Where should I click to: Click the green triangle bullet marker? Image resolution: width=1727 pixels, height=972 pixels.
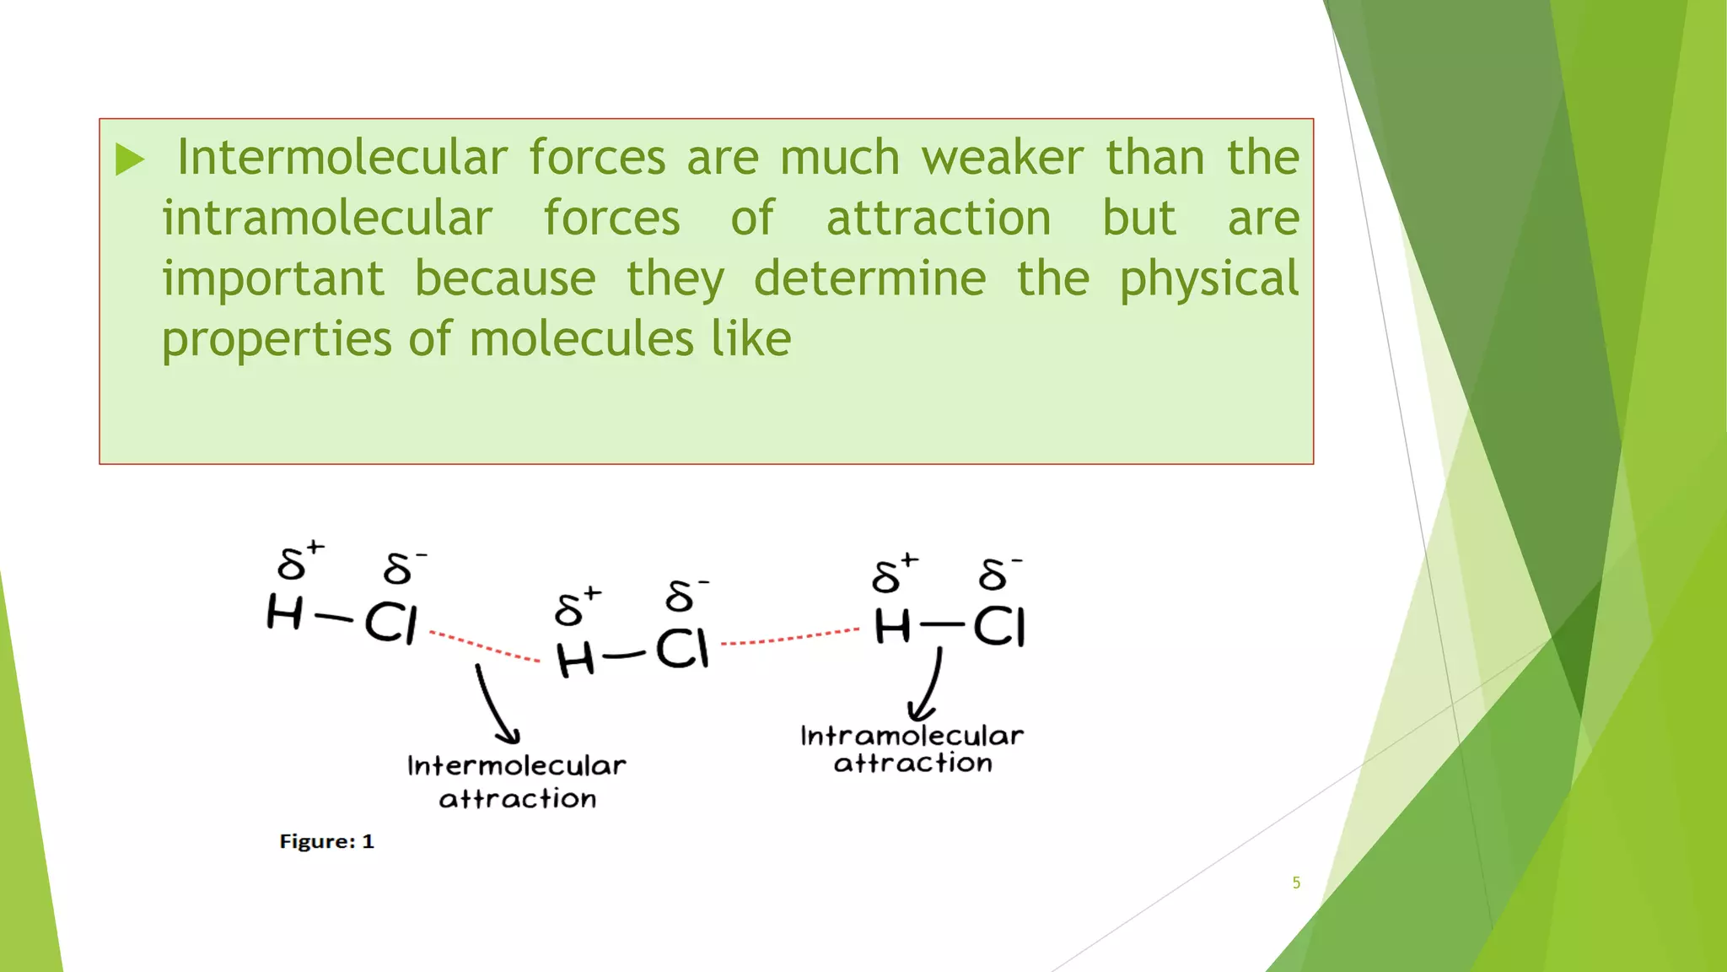coord(130,159)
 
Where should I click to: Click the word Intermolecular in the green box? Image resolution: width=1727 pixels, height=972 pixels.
coord(342,158)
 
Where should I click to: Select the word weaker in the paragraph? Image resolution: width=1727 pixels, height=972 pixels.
coord(1002,158)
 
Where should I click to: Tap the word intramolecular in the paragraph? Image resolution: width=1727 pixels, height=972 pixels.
coord(327,219)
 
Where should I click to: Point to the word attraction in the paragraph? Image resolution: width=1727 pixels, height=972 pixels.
coord(939,219)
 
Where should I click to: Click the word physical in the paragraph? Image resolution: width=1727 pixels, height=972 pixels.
coord(1209,279)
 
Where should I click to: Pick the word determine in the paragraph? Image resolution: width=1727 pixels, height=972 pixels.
coord(869,279)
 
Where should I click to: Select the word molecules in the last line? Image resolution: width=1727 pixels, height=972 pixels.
coord(582,339)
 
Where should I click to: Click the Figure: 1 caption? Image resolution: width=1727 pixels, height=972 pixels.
coord(326,841)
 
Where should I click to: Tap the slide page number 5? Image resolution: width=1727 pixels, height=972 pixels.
coord(1296,883)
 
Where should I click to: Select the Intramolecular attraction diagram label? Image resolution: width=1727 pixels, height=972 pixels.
coord(912,749)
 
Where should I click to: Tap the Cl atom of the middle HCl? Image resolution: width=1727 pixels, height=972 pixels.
coord(682,650)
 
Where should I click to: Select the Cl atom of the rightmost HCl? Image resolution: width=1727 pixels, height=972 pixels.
coord(999,628)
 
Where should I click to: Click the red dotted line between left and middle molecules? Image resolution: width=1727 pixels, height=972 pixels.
coord(485,645)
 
